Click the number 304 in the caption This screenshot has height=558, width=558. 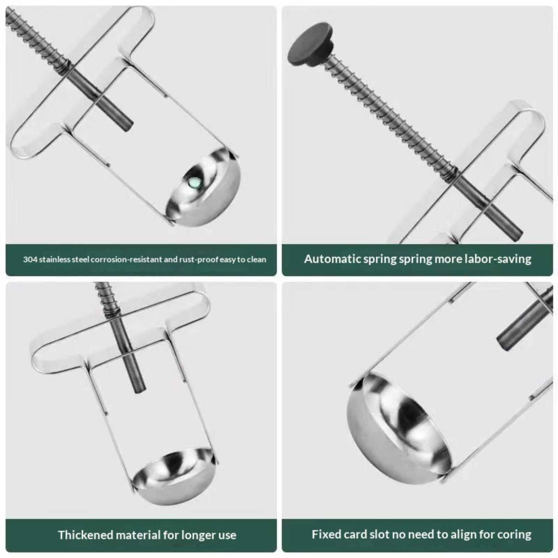pyautogui.click(x=30, y=259)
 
